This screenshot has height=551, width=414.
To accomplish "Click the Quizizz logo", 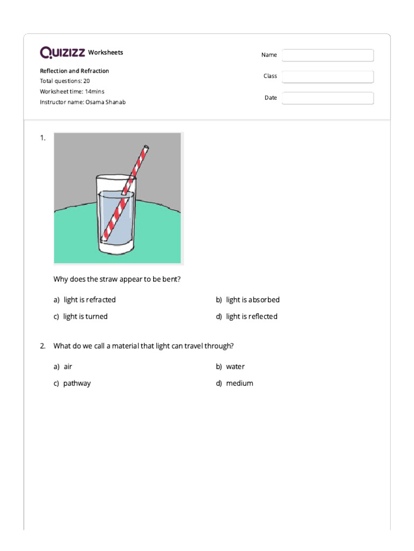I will [62, 52].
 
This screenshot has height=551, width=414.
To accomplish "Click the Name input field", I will [327, 55].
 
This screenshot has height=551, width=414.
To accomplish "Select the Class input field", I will [327, 77].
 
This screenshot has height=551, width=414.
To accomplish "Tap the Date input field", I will [327, 98].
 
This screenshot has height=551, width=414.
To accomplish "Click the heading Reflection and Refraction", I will [74, 71].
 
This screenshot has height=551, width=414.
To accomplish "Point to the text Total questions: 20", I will [65, 81].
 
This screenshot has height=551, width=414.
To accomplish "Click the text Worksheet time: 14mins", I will [72, 91].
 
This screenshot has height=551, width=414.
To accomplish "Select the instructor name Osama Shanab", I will [105, 102].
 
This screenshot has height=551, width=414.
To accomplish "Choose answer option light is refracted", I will [89, 300].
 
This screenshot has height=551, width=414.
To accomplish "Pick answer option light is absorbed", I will [252, 300].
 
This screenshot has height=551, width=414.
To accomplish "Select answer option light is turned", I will [85, 316].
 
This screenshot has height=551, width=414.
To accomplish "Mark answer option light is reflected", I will [252, 316].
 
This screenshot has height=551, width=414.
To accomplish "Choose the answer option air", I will [68, 366].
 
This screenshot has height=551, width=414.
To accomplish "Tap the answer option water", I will [235, 366].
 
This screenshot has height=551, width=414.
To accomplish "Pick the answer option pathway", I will [77, 383].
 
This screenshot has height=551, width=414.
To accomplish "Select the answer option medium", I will [239, 383].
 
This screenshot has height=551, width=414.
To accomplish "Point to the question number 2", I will [43, 345].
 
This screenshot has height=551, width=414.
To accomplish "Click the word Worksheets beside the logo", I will [106, 52].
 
